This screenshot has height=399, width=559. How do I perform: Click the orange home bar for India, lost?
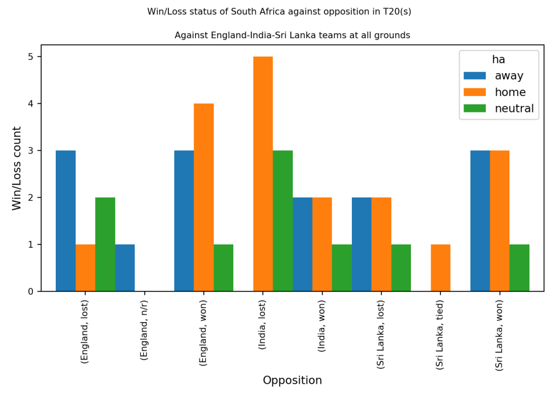point(263,174)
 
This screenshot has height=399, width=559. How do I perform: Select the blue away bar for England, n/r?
point(125,267)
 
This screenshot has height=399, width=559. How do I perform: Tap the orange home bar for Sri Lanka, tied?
point(440,267)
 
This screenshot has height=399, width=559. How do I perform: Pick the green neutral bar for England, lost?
point(105,244)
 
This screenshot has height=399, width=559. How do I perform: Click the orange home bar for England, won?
point(204,197)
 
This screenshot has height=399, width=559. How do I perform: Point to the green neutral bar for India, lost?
point(283,221)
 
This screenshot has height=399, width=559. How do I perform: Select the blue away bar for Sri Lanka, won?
point(480,221)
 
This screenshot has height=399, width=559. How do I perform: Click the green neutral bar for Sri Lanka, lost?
point(401,267)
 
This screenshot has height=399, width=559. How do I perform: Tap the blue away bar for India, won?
point(302,244)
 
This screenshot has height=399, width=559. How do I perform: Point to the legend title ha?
point(498,59)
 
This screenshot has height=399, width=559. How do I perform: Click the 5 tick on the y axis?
point(31,57)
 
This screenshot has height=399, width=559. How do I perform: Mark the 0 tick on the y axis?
point(31,291)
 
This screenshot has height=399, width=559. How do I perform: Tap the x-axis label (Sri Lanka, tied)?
point(440,335)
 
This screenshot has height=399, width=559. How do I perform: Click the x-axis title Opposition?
point(292,380)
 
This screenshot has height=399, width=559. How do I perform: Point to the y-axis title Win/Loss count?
point(17,168)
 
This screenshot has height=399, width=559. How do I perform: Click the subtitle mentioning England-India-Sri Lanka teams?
point(292,35)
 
